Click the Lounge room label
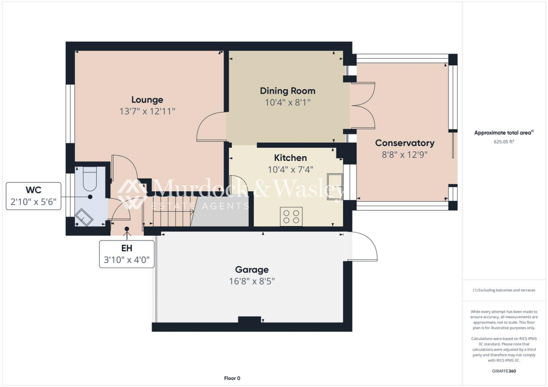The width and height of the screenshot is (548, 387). click(x=147, y=100)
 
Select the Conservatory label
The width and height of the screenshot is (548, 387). click(x=405, y=143)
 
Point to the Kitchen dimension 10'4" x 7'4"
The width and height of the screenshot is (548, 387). click(x=291, y=169)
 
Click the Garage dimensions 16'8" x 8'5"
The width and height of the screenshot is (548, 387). click(x=252, y=281)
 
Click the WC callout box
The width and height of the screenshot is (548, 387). click(x=33, y=196)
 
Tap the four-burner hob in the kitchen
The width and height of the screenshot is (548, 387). click(x=291, y=216)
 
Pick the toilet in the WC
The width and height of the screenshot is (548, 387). click(x=90, y=177)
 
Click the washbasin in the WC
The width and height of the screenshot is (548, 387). click(x=85, y=217)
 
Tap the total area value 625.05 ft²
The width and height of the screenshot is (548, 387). click(x=504, y=142)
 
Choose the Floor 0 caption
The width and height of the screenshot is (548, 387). click(x=232, y=378)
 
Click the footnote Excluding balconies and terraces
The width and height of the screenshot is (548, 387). click(x=504, y=290)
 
